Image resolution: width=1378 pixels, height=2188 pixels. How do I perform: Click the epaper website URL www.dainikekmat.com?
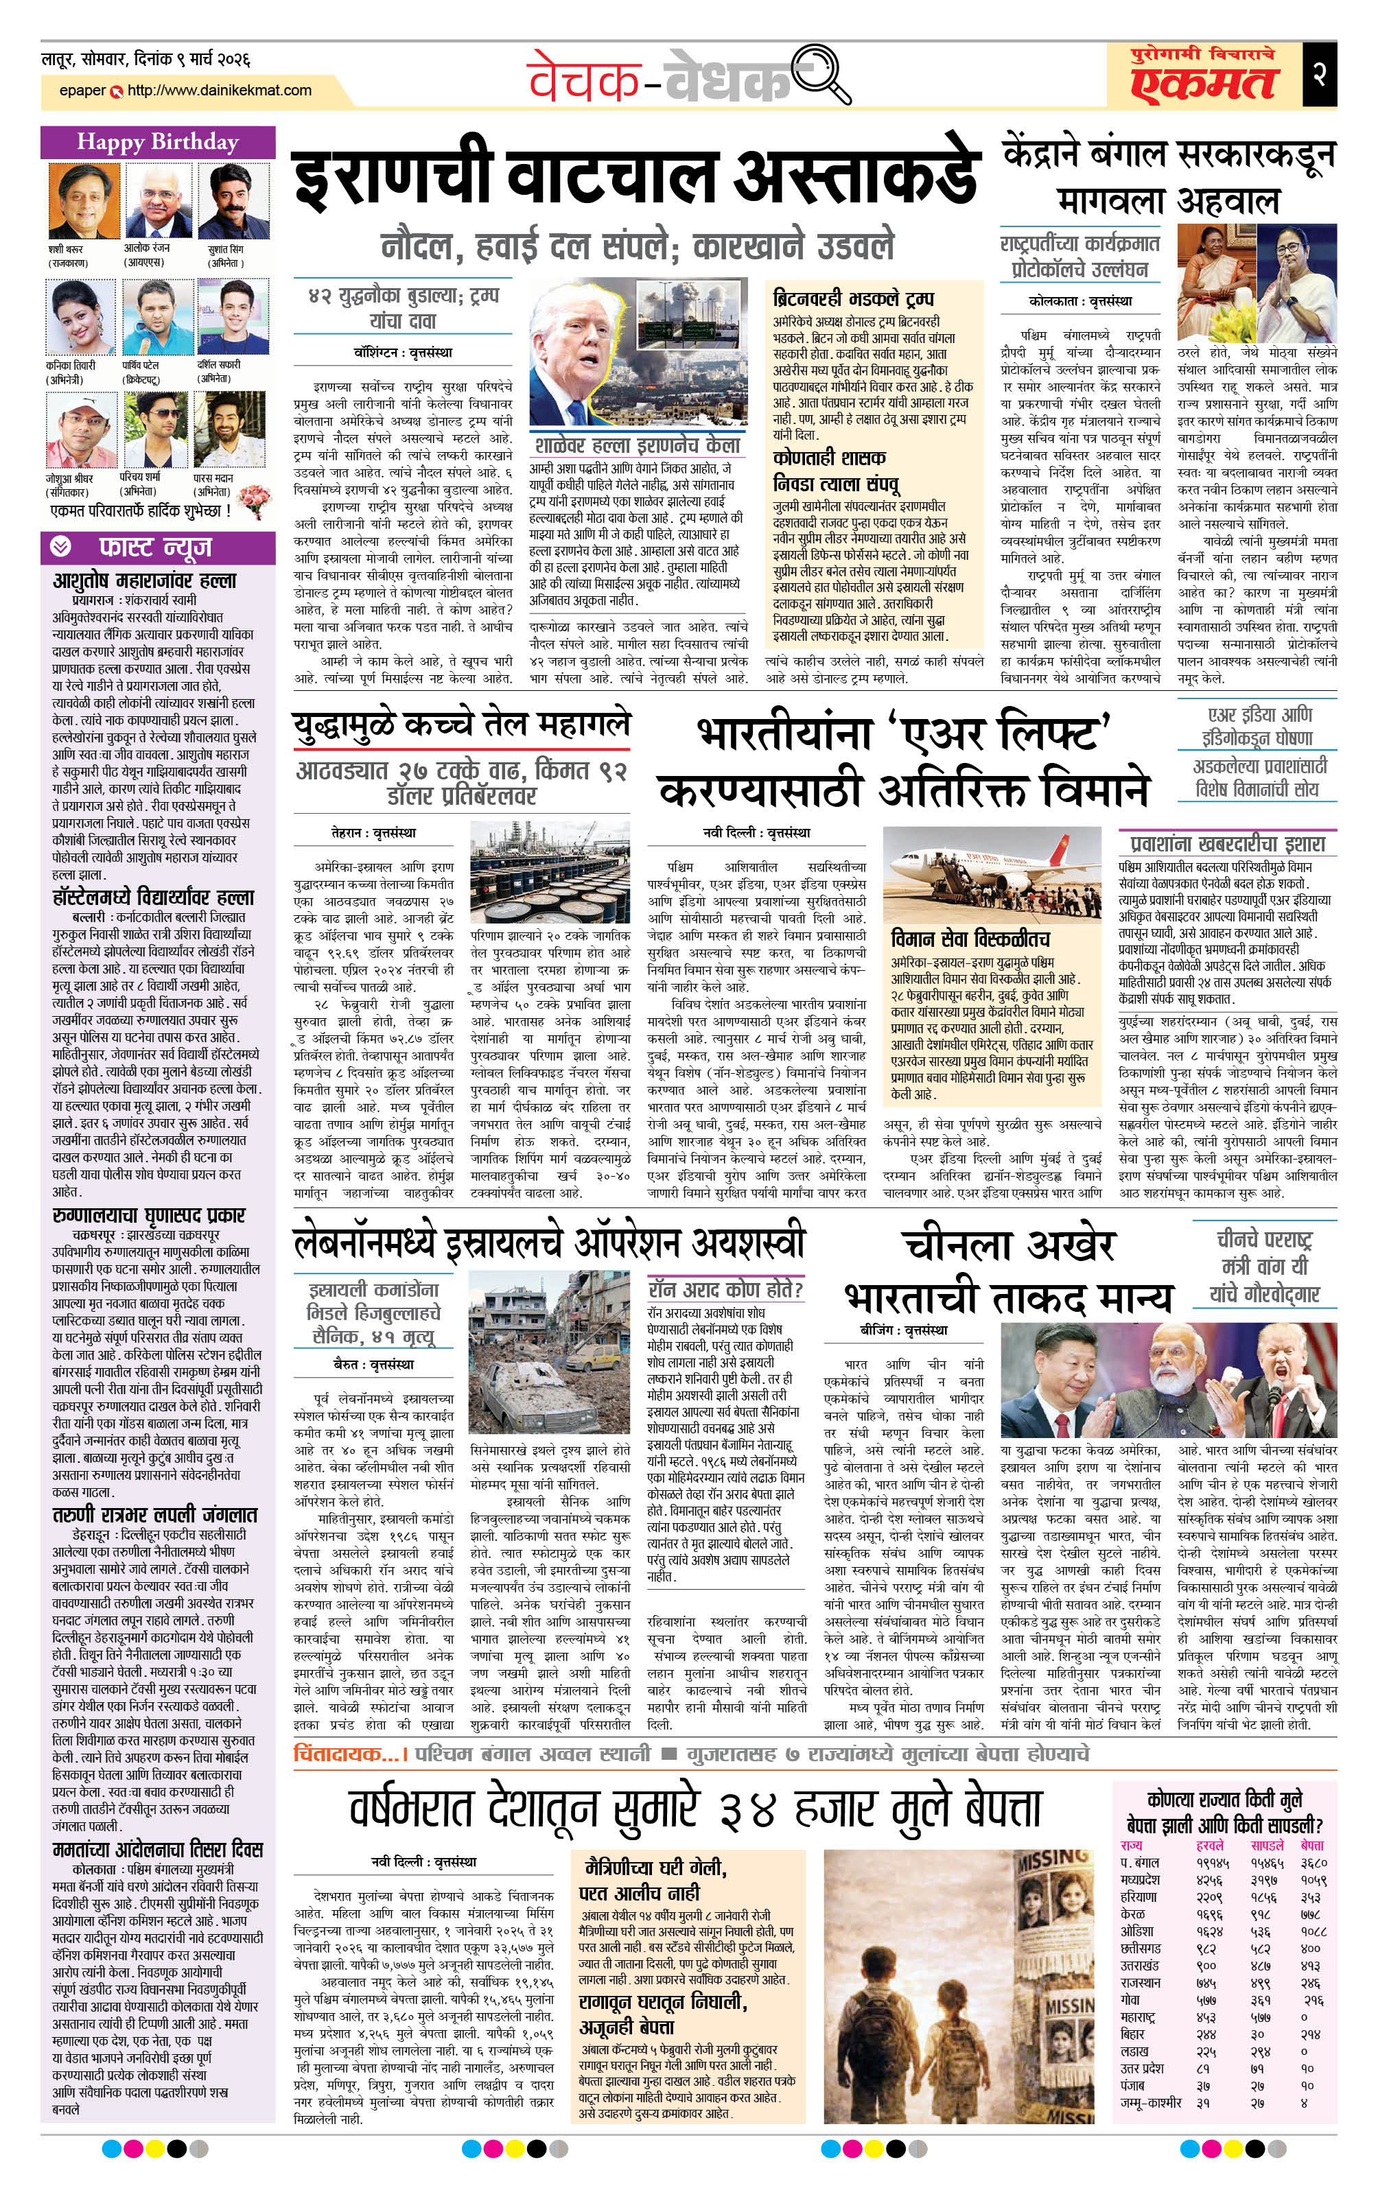(219, 91)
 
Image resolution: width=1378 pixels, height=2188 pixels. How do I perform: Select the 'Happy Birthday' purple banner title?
(157, 142)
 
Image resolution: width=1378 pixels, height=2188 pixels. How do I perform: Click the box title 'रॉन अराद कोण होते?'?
(725, 1291)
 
